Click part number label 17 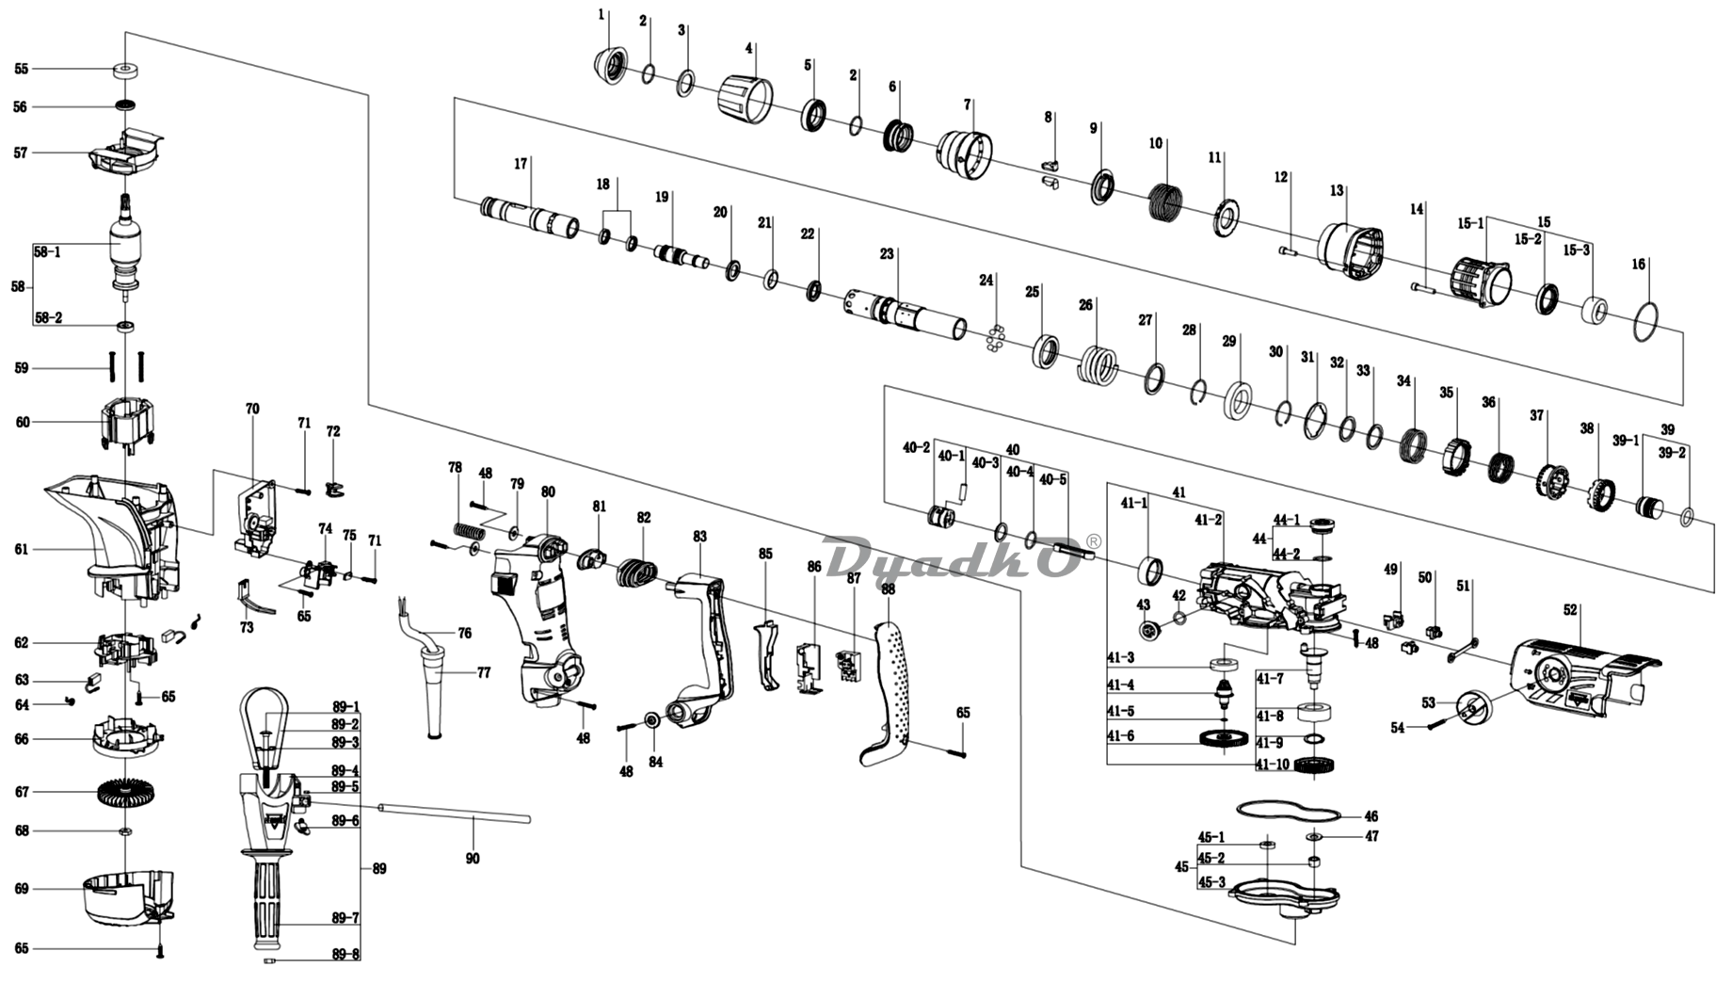tap(521, 163)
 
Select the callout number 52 tap(1570, 610)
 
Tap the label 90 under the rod tap(473, 858)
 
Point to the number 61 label tap(22, 549)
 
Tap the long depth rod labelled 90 tap(454, 813)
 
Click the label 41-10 tap(1273, 764)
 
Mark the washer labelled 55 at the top tap(124, 70)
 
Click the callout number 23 tap(888, 254)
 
